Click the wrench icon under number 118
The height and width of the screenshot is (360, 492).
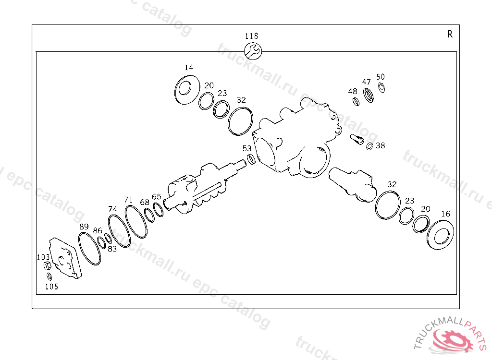tap(253, 51)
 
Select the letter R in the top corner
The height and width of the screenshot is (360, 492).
tap(450, 34)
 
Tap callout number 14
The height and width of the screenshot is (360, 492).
tap(188, 67)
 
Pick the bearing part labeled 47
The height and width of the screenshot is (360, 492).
tap(368, 96)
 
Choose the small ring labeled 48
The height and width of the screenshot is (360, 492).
tap(356, 102)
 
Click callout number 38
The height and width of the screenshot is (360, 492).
tap(381, 145)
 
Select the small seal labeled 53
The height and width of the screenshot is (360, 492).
tap(251, 159)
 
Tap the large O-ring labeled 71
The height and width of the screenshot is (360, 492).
tap(136, 222)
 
